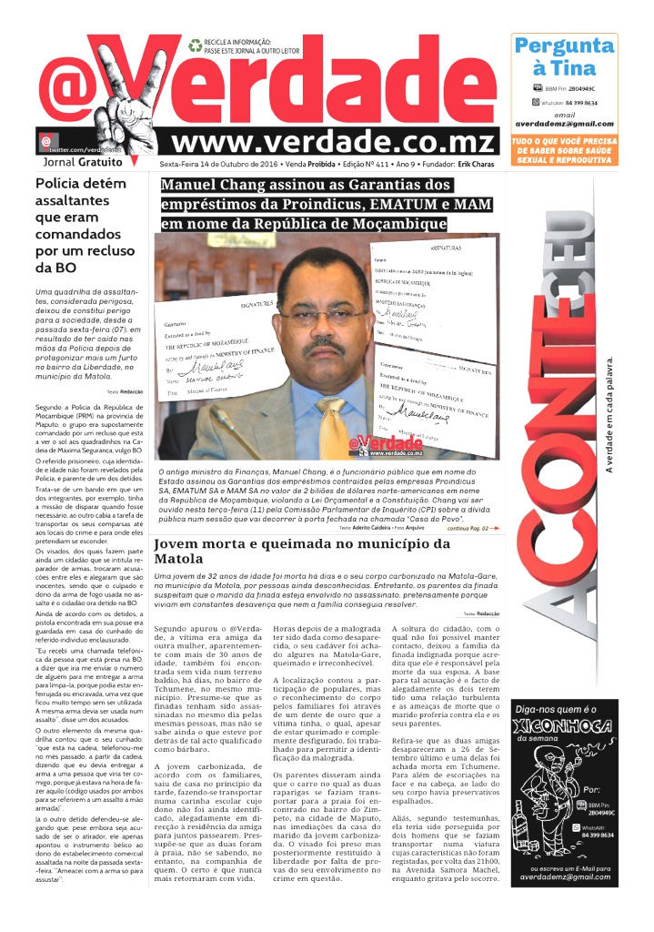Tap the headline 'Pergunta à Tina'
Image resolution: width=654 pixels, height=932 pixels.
[564, 56]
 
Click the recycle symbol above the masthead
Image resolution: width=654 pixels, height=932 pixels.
[195, 44]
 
